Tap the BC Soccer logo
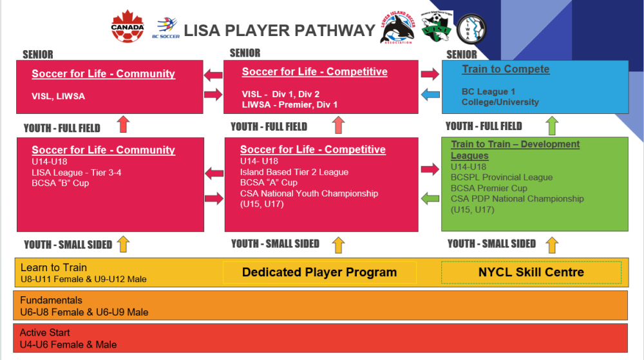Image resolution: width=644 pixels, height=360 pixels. (x=166, y=28)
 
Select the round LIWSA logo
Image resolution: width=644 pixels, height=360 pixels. (x=471, y=28)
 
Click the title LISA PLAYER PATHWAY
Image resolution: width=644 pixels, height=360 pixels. (x=279, y=30)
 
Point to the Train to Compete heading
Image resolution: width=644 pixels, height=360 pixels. (x=506, y=70)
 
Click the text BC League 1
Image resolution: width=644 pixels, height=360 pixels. (x=488, y=91)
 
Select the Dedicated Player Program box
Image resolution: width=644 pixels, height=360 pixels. (x=319, y=272)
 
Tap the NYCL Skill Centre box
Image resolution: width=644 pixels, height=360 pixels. (x=531, y=272)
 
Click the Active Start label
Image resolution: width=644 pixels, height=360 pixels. (x=44, y=332)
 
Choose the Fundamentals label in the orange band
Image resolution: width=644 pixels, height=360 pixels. (x=51, y=300)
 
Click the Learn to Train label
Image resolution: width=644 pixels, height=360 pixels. (x=53, y=267)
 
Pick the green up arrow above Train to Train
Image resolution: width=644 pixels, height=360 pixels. (x=552, y=125)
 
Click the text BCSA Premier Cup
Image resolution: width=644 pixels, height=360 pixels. (x=489, y=188)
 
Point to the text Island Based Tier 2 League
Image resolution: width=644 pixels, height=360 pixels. (x=294, y=171)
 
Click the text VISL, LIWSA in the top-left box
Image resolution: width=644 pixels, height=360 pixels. (x=58, y=96)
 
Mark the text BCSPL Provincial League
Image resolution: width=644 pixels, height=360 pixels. (x=502, y=177)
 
